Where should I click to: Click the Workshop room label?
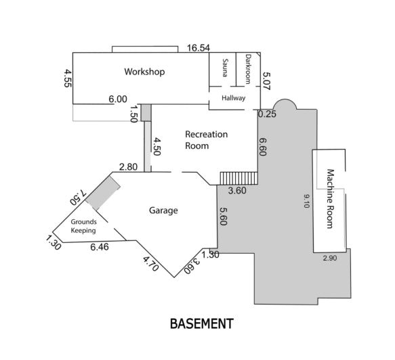(144, 72)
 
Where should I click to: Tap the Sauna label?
(224, 68)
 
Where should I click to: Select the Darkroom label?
(248, 68)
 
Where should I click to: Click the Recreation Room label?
(206, 139)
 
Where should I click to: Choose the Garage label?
(163, 210)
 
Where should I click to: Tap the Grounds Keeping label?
(84, 226)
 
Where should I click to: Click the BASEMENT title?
(201, 324)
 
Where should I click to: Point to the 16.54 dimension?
(199, 48)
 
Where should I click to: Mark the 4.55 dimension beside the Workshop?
(68, 79)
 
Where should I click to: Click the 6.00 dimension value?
(118, 99)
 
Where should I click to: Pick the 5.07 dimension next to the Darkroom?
(266, 83)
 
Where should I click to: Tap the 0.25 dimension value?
(267, 114)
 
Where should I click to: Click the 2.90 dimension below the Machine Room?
(330, 258)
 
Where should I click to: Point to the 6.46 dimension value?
(100, 248)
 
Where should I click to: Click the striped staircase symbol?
(238, 177)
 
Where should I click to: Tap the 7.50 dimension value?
(77, 197)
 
